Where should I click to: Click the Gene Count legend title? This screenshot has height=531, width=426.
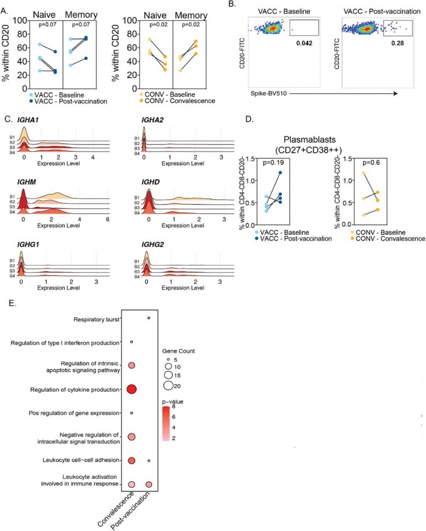pyautogui.click(x=180, y=351)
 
